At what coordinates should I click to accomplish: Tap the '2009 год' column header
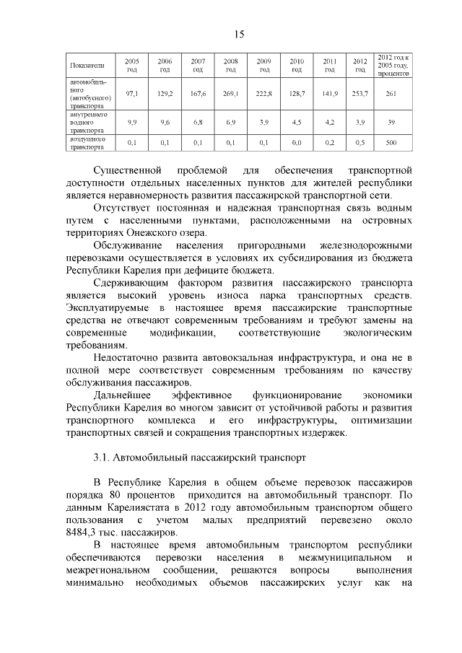(x=263, y=66)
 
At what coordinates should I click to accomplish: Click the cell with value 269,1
(x=231, y=94)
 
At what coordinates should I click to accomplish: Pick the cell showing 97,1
(x=132, y=94)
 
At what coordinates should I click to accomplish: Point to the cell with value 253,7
(x=360, y=94)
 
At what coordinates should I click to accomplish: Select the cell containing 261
(x=391, y=94)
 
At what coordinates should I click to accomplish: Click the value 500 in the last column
(x=391, y=143)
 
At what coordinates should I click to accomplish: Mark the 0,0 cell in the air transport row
(x=296, y=143)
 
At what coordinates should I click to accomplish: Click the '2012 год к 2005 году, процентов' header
(x=392, y=65)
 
